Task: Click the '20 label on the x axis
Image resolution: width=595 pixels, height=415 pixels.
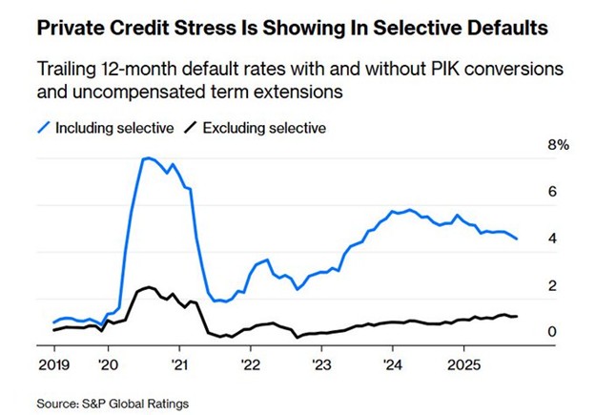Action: pyautogui.click(x=108, y=364)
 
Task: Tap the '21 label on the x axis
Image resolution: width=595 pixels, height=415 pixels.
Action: pyautogui.click(x=178, y=364)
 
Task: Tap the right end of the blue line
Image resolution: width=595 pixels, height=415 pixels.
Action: pyautogui.click(x=518, y=239)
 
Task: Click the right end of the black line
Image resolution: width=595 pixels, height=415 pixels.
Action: pyautogui.click(x=518, y=316)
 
